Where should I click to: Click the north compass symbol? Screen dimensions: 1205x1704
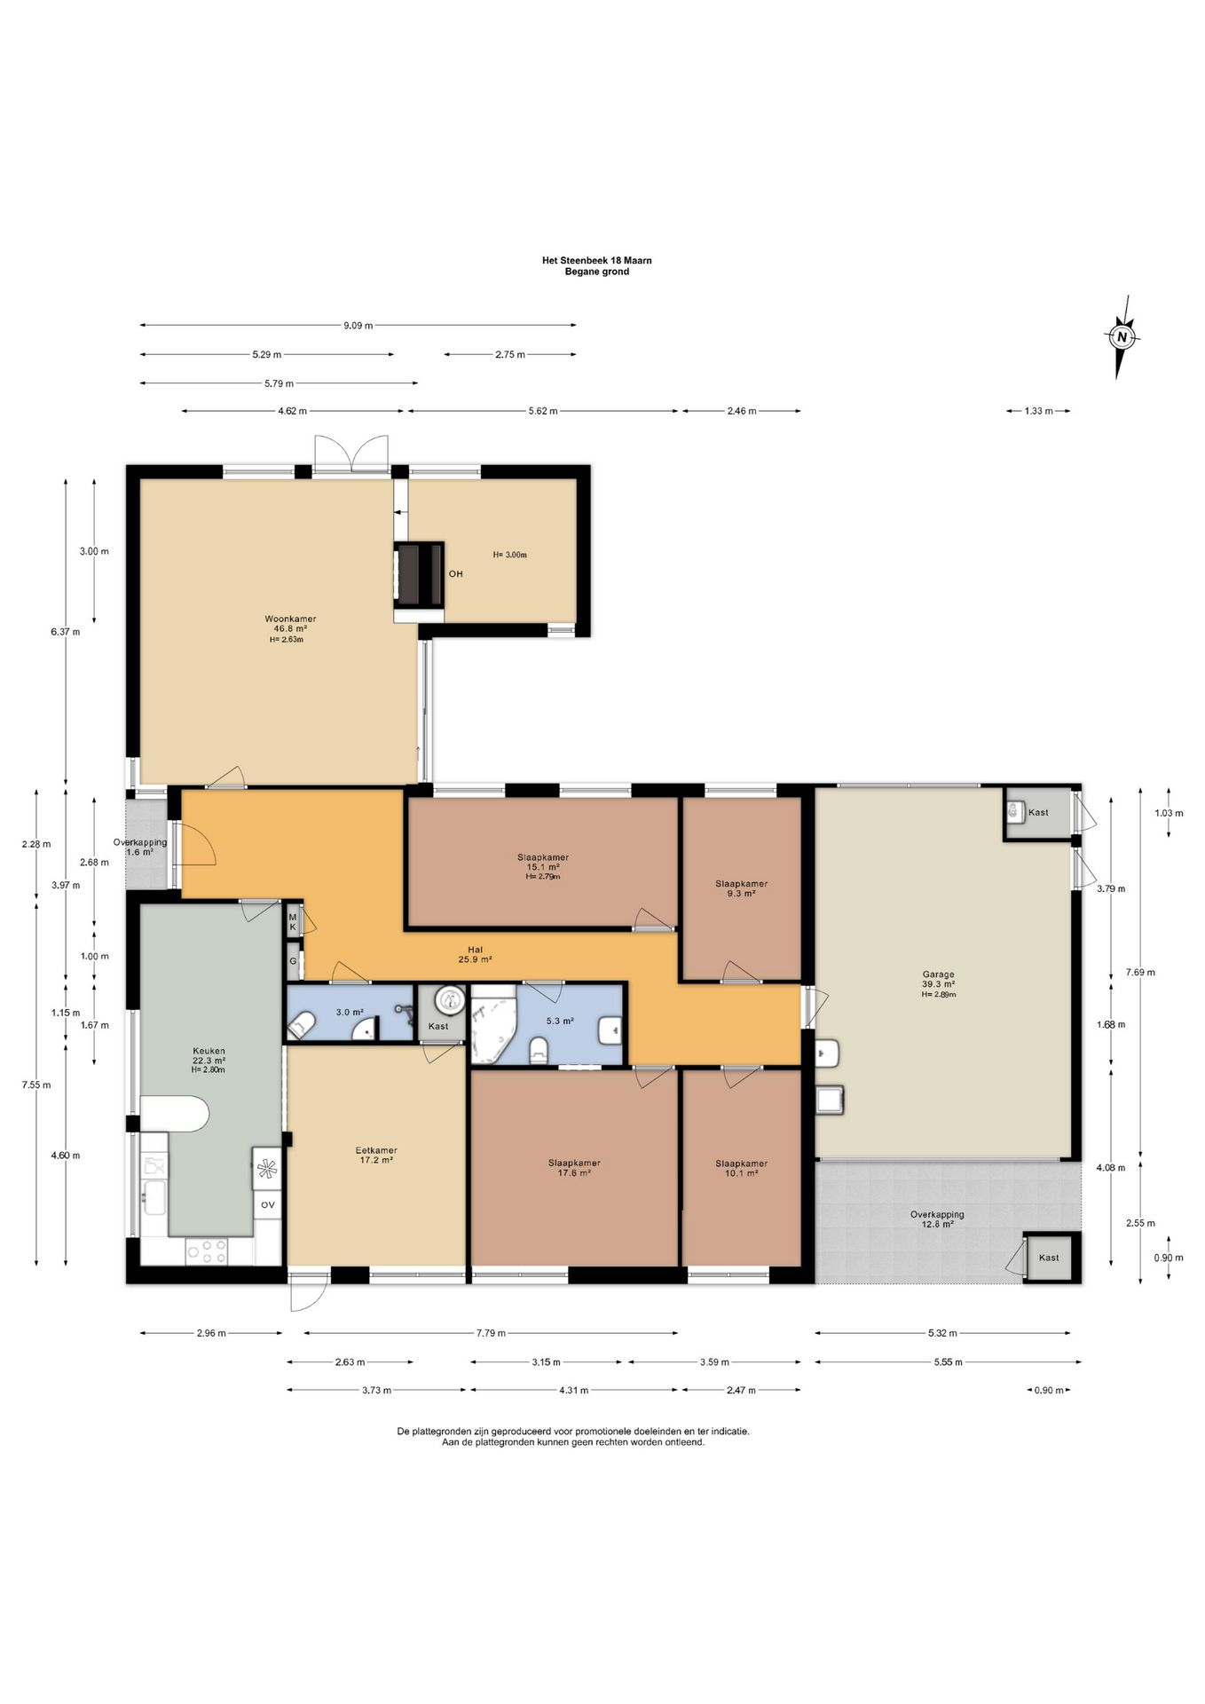[x=1122, y=336]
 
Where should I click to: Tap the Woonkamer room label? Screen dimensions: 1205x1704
[x=290, y=628]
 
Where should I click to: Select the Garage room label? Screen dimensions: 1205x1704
[x=938, y=983]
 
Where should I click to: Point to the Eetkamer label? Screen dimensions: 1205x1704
[x=376, y=1155]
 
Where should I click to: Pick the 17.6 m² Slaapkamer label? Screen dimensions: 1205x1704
[x=574, y=1167]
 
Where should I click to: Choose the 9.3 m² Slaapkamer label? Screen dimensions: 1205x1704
[x=742, y=888]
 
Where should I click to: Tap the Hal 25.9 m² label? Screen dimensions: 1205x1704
[x=475, y=954]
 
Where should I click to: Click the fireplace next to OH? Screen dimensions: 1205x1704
[x=419, y=575]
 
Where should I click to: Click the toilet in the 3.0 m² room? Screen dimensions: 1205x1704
[x=299, y=1028]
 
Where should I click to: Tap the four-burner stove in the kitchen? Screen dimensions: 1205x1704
[x=206, y=1251]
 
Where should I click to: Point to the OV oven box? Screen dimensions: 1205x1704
[x=267, y=1204]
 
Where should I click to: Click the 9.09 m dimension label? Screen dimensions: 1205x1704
[x=358, y=326]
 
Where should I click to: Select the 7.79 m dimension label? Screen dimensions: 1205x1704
[x=490, y=1333]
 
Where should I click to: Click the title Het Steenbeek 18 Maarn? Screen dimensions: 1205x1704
[x=597, y=261]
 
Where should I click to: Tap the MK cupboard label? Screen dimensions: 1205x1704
[x=292, y=921]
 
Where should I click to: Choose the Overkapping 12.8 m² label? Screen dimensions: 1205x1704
[x=937, y=1219]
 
